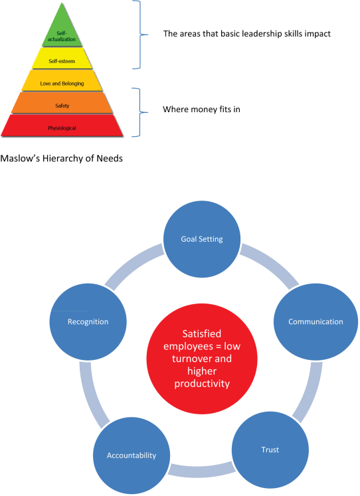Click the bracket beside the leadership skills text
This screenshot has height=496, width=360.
click(140, 34)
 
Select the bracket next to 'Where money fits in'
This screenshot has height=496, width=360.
click(140, 112)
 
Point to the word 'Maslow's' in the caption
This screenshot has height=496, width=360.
click(20, 158)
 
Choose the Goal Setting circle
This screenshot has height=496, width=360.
click(202, 239)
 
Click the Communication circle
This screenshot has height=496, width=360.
click(315, 322)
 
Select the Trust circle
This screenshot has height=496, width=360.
click(270, 450)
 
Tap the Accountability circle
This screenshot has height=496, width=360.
click(132, 455)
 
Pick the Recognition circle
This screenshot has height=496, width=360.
click(88, 322)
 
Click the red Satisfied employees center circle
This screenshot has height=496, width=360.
click(202, 359)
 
